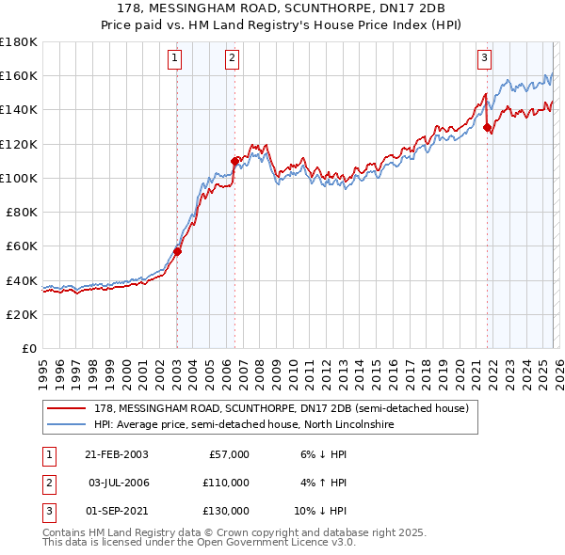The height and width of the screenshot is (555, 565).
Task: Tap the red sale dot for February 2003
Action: tap(177, 251)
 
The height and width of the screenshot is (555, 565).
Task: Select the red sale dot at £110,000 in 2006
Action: tap(234, 161)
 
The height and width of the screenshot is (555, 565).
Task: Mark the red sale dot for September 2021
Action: tap(487, 127)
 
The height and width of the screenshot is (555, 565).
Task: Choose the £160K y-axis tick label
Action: tap(18, 75)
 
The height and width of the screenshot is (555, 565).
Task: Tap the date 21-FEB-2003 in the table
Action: tap(116, 454)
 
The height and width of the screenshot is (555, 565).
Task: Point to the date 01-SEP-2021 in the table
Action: tap(116, 511)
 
